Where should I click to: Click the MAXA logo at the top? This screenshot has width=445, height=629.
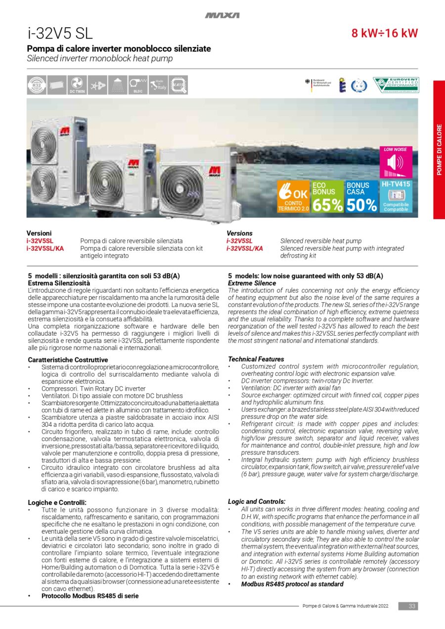tap(222, 15)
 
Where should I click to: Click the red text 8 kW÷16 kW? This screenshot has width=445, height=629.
tap(385, 34)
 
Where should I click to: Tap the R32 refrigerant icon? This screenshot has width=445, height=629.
tap(37, 85)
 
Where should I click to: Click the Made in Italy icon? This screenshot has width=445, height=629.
tap(157, 85)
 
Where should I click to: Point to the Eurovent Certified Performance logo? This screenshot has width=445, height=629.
tap(396, 85)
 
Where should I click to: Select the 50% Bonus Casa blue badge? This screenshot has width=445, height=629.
tap(361, 196)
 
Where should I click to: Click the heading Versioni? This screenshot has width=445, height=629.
tap(39, 233)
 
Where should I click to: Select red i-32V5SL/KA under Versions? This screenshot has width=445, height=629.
tap(245, 248)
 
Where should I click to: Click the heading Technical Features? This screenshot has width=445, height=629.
tap(256, 359)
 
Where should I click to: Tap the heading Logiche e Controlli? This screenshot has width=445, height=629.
tap(57, 502)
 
